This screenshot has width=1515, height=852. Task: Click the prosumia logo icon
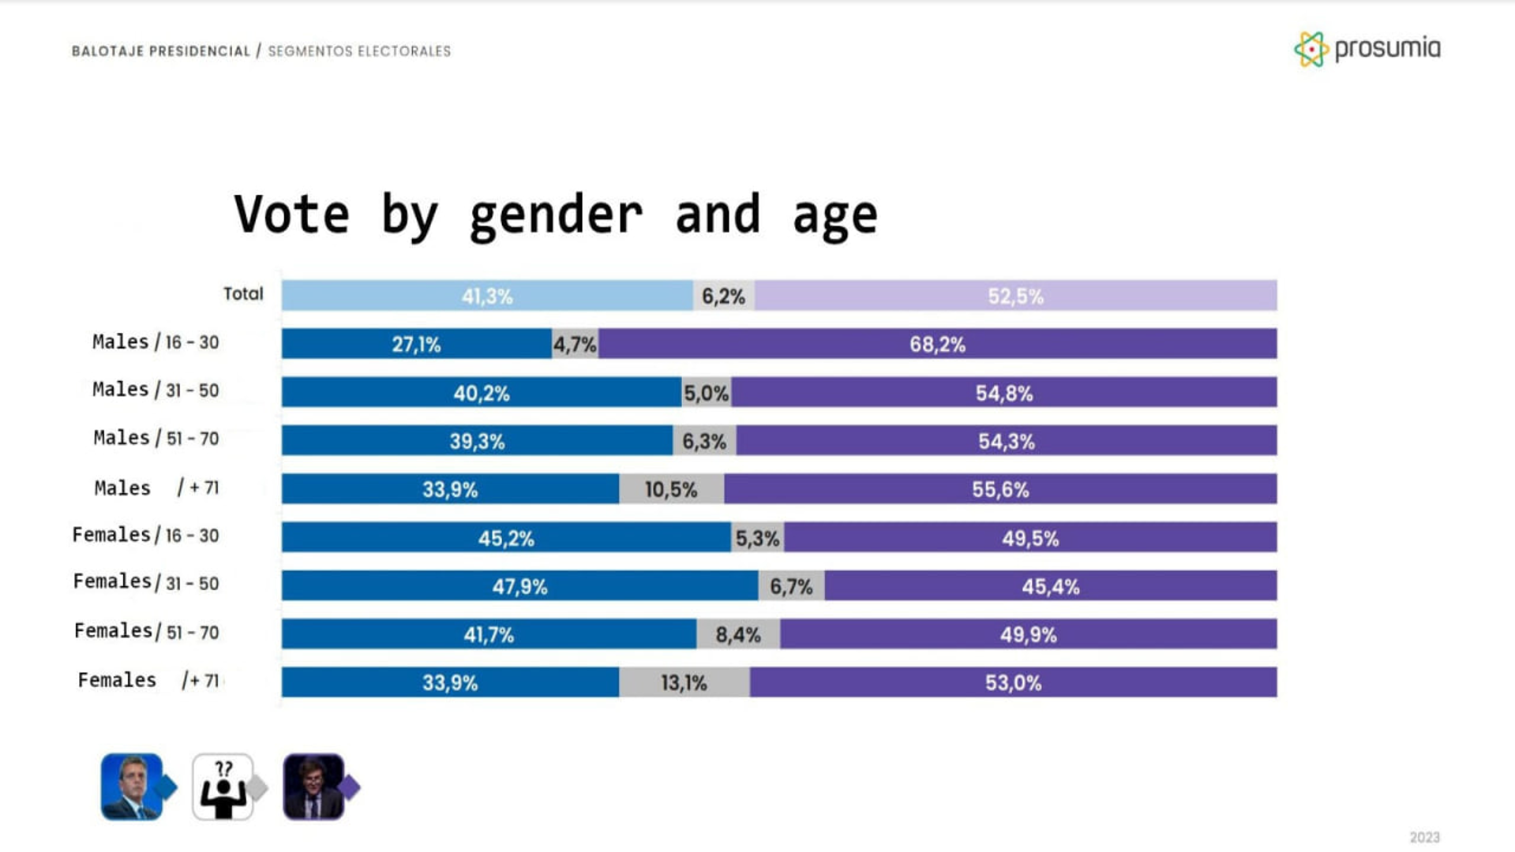[1311, 49]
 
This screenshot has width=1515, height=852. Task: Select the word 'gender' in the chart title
[556, 215]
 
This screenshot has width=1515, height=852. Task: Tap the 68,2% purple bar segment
[937, 344]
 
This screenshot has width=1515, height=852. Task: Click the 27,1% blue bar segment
[416, 344]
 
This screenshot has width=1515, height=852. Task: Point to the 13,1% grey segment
[684, 682]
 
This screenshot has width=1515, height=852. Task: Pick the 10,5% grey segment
[671, 489]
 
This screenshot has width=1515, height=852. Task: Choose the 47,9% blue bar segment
[519, 586]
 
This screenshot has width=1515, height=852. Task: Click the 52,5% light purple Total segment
[1015, 296]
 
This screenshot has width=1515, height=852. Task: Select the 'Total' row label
[243, 293]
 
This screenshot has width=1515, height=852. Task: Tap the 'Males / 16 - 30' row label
[156, 342]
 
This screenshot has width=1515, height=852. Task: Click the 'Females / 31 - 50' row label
[146, 582]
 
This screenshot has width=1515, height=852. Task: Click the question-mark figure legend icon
[223, 787]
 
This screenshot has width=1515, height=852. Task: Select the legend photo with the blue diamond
[132, 787]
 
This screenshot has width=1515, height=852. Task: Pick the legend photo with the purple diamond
[314, 787]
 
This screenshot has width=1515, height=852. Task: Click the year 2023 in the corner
[1424, 837]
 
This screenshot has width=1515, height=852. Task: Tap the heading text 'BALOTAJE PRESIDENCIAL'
[160, 51]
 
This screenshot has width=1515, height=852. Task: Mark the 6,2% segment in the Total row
[723, 296]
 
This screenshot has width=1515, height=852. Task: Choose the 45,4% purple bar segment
[1050, 586]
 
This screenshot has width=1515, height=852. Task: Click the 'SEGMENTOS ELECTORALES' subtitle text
[359, 51]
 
